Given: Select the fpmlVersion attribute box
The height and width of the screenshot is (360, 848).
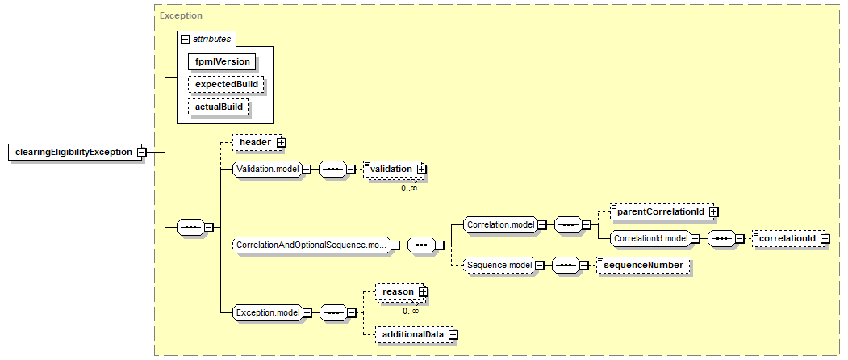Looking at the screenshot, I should (x=222, y=61).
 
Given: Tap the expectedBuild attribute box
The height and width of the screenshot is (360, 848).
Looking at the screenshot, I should (x=225, y=84).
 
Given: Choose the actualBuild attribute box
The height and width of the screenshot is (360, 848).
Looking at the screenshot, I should (x=218, y=107).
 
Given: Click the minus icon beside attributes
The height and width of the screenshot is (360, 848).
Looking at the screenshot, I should (x=186, y=39).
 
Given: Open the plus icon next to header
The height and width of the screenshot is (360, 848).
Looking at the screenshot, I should (x=281, y=142).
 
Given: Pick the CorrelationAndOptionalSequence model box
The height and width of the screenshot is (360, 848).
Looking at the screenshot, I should (x=311, y=245).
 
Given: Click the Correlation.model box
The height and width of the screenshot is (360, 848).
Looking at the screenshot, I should (x=500, y=225).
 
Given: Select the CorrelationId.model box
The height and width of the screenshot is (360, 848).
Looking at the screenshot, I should (x=650, y=238).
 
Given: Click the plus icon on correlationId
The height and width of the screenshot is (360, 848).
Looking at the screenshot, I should (x=825, y=238).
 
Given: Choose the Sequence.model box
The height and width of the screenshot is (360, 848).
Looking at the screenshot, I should (x=498, y=265).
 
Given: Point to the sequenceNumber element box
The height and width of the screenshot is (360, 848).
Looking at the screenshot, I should (x=643, y=265).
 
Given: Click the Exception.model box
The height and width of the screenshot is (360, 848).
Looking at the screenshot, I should (x=266, y=312).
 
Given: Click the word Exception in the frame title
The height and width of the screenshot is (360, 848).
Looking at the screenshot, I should (x=182, y=15).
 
